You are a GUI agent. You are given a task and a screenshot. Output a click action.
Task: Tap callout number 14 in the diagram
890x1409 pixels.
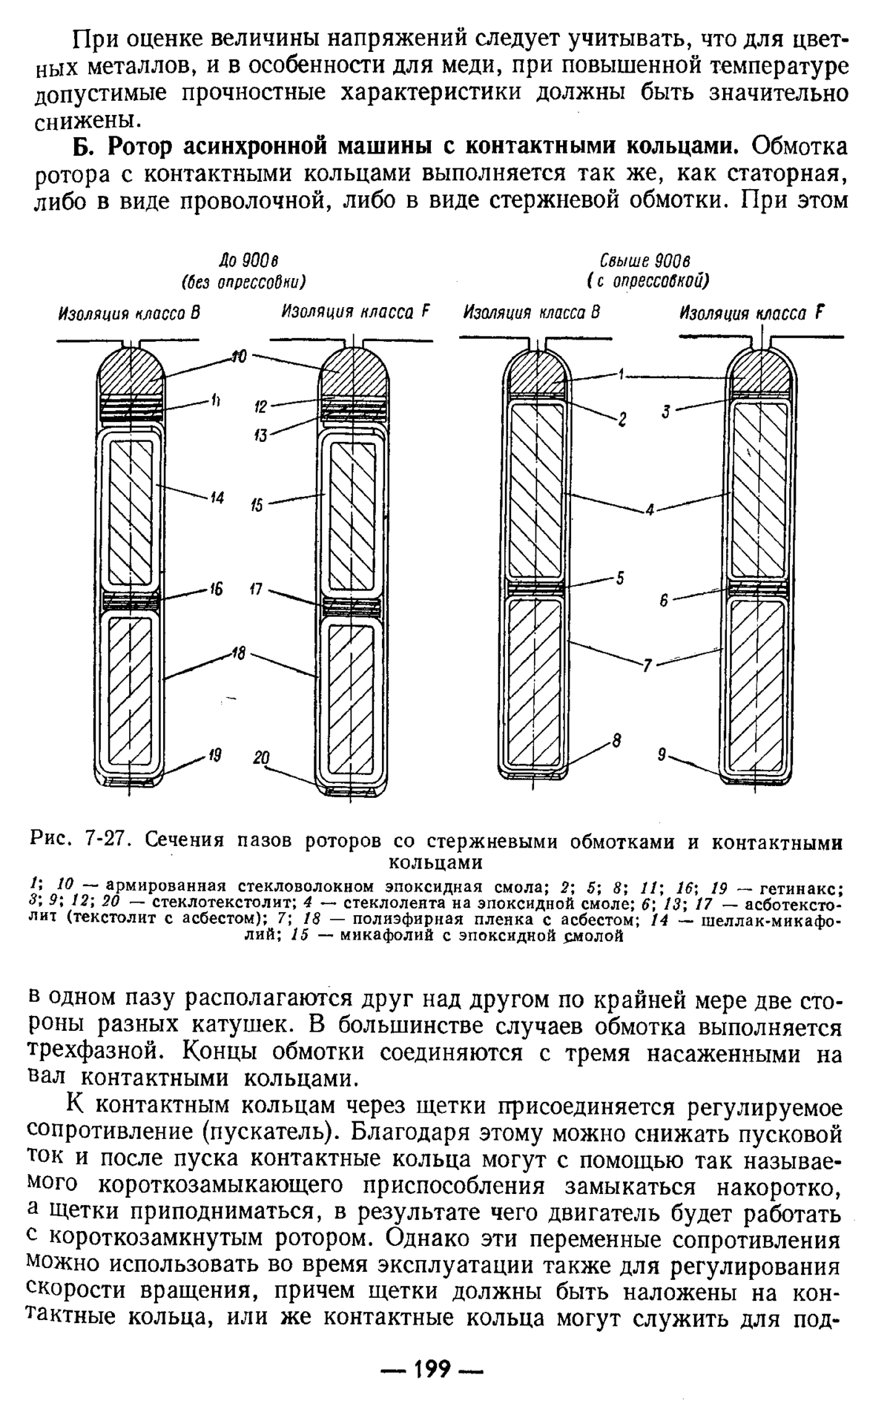pos(217,498)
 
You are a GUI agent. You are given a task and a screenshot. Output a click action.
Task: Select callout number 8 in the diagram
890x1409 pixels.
pos(616,740)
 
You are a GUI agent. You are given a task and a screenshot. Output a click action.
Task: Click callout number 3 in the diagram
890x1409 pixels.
pos(666,412)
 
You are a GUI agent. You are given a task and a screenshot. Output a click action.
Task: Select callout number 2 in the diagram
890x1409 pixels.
pos(623,421)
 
